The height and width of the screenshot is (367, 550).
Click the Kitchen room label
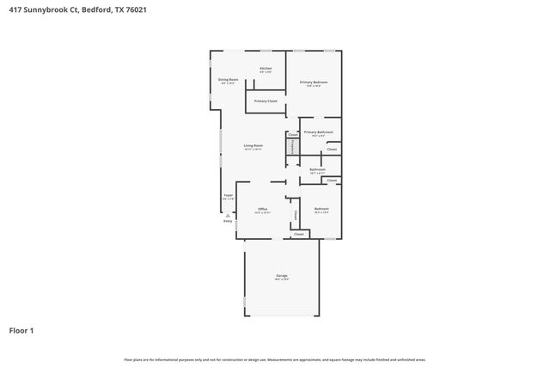tap(266, 69)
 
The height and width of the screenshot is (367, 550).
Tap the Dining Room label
tap(228, 80)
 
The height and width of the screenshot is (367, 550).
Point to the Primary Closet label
tap(266, 101)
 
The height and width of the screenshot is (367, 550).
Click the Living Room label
tap(253, 147)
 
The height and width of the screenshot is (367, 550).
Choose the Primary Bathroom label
tap(318, 132)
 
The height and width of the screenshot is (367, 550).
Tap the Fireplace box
tap(293, 148)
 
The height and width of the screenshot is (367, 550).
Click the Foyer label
tap(229, 197)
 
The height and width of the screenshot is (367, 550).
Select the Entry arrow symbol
tap(228, 215)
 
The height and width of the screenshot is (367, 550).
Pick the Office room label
tap(263, 210)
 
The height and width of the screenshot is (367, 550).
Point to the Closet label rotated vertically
tap(295, 214)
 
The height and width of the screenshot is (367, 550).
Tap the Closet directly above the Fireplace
tap(293, 135)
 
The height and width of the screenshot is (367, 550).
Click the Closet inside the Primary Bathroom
tap(332, 150)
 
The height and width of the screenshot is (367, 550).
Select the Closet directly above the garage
tap(299, 234)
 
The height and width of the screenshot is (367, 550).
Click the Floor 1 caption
tap(21, 330)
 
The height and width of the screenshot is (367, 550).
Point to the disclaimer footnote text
tap(274, 359)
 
